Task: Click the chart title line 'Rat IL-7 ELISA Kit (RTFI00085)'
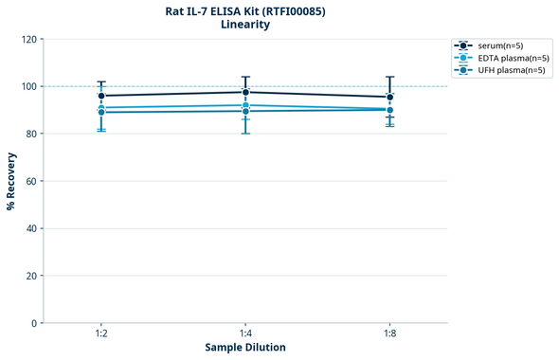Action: (245, 10)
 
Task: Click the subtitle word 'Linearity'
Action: (245, 25)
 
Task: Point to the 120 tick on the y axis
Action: (28, 40)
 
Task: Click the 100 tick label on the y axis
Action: (28, 87)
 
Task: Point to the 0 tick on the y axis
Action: (34, 323)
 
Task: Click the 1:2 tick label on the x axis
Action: (101, 334)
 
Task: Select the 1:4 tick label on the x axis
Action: (245, 334)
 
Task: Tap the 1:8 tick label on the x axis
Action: (389, 334)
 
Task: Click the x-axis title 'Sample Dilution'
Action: (245, 348)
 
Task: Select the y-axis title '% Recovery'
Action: (11, 181)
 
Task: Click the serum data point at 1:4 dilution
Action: (245, 92)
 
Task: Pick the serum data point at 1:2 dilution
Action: (101, 96)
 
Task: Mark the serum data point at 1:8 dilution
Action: (389, 97)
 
